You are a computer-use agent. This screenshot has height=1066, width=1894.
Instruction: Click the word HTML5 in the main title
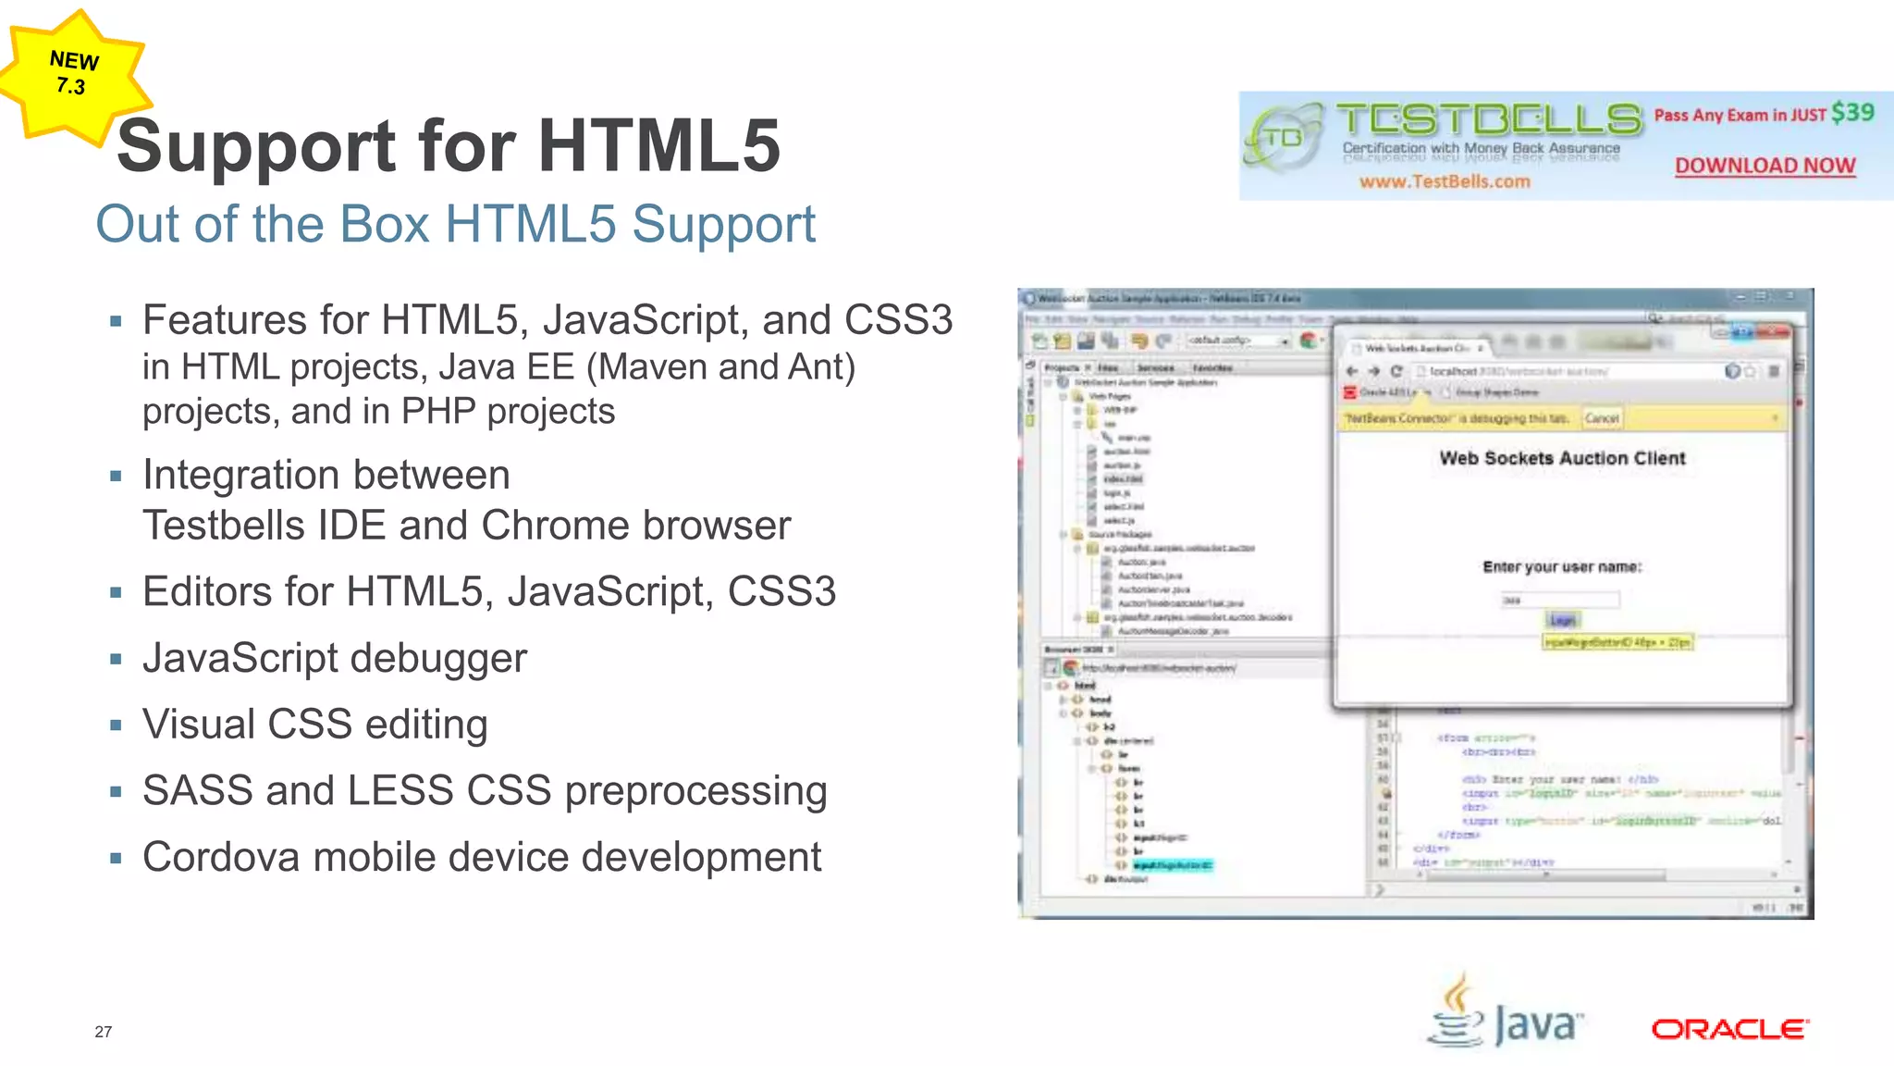coord(658,146)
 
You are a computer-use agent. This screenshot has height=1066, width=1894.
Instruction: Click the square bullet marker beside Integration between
coord(116,477)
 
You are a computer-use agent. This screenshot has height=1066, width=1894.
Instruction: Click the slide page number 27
coord(103,1032)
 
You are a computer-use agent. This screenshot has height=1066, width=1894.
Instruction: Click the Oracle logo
coord(1729,1029)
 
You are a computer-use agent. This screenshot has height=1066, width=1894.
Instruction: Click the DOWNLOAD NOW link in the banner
coord(1765,166)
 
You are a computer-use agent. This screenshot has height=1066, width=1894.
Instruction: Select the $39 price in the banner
coord(1852,113)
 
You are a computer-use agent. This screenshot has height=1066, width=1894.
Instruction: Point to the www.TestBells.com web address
coord(1444,181)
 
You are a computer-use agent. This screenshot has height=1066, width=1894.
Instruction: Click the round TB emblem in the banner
coord(1284,139)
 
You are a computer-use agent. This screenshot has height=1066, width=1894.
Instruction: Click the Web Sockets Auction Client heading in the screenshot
coord(1562,458)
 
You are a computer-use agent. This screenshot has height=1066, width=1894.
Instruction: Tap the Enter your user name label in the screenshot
coord(1562,567)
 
